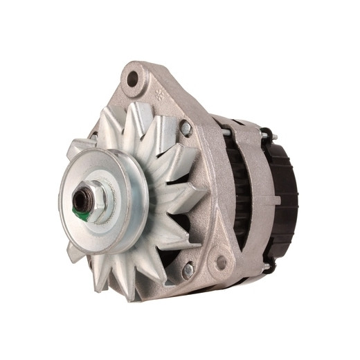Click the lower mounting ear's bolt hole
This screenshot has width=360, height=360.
(x=222, y=262)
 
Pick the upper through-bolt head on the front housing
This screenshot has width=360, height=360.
(x=186, y=128)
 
